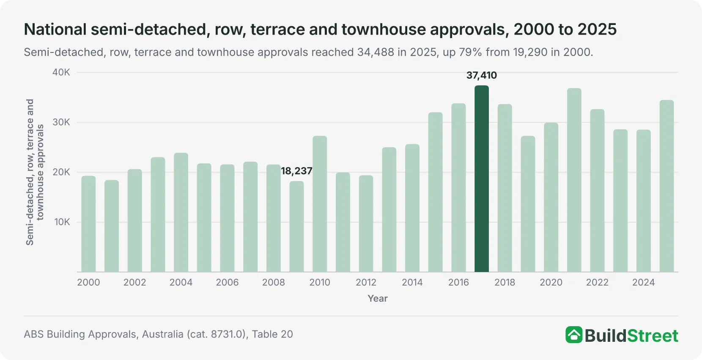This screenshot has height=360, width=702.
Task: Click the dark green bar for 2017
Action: tap(481, 179)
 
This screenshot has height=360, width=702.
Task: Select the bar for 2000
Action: tap(88, 224)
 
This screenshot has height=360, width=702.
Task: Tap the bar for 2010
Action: tap(320, 204)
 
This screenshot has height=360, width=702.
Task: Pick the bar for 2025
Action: tap(666, 186)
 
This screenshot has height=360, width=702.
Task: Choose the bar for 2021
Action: tap(574, 180)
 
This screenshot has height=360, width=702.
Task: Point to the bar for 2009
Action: tap(296, 226)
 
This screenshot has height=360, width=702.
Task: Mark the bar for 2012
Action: tap(366, 224)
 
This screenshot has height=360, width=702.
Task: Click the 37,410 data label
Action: tap(482, 75)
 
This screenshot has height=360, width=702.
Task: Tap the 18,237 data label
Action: tap(296, 171)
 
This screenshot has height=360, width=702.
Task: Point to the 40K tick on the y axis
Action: tap(61, 72)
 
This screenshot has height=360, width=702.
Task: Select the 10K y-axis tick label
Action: tap(62, 222)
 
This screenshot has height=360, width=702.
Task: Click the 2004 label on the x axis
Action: tap(181, 282)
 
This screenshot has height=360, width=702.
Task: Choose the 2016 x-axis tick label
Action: tap(458, 282)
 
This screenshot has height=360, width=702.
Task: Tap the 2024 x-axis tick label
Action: tap(643, 282)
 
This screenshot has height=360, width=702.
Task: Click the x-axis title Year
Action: tap(378, 298)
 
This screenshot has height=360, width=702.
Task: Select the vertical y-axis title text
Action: tap(35, 172)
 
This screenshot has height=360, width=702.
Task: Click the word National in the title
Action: tap(55, 29)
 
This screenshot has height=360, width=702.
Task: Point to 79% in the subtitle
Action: tap(471, 52)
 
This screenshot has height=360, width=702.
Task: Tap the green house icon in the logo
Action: tap(574, 335)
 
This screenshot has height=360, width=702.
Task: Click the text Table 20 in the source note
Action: tap(272, 334)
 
